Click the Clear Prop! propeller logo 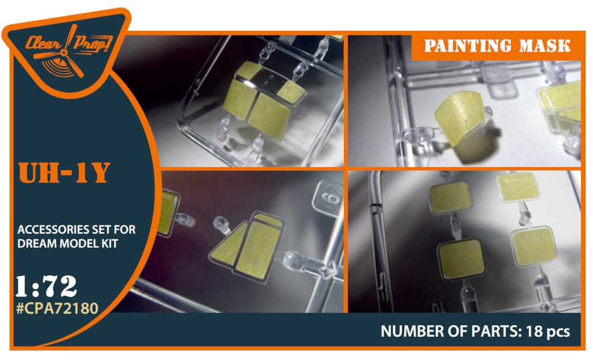point(68,52)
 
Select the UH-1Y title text point(64,173)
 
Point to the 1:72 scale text point(46,286)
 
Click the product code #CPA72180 point(58,308)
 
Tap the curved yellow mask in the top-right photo point(459,117)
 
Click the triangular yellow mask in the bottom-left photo point(227,246)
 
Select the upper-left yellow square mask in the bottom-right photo point(450,197)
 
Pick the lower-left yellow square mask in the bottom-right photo point(461,260)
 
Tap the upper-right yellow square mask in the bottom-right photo point(517,186)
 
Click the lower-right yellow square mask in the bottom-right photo point(534,246)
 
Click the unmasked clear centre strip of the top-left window point(269,81)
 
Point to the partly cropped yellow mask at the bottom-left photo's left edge point(170,212)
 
